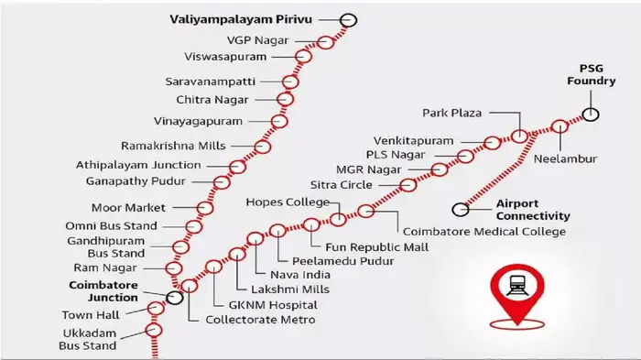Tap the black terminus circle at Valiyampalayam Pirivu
pos(348,20)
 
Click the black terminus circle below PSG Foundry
pos(592,115)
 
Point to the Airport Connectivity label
pos(533,210)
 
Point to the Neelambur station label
pos(566,158)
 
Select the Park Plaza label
pos(453,114)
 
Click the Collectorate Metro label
pos(259,320)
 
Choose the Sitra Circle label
pos(340,184)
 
